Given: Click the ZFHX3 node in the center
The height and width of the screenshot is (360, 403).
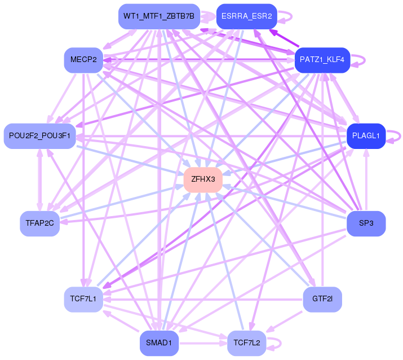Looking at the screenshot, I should click(x=203, y=179).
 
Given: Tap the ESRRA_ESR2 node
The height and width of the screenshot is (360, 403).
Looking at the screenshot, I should click(x=246, y=16).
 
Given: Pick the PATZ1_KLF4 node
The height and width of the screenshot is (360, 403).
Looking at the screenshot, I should click(x=322, y=59).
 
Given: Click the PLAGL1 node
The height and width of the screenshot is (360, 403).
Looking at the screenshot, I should click(x=366, y=136).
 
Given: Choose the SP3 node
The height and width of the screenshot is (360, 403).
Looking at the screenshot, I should click(x=366, y=223).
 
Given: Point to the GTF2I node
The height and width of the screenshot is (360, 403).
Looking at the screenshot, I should click(x=322, y=299).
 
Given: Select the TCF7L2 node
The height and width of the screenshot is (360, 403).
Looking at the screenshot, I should click(x=247, y=343).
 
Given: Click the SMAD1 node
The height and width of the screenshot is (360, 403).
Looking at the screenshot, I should click(x=159, y=343).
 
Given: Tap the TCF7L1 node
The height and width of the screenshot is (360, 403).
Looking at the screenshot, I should click(x=83, y=299).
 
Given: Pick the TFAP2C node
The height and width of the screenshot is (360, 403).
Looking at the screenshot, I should click(x=39, y=223).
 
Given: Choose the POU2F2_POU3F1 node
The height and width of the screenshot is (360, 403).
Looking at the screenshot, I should click(x=39, y=136).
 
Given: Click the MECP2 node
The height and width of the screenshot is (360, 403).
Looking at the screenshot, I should click(x=83, y=59).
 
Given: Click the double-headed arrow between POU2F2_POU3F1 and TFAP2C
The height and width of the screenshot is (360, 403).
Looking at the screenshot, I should click(x=39, y=179).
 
